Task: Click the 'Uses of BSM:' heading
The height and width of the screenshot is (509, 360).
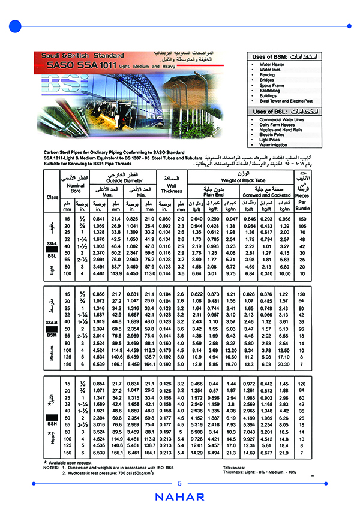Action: coord(269,56)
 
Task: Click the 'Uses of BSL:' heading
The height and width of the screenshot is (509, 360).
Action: coord(269,112)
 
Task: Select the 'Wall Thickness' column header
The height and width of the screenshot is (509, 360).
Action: coord(171,188)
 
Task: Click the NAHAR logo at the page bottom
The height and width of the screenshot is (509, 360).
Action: coord(179,497)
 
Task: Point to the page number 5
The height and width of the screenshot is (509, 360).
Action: coord(179,484)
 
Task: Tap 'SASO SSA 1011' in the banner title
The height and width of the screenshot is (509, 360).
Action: coord(79,64)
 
